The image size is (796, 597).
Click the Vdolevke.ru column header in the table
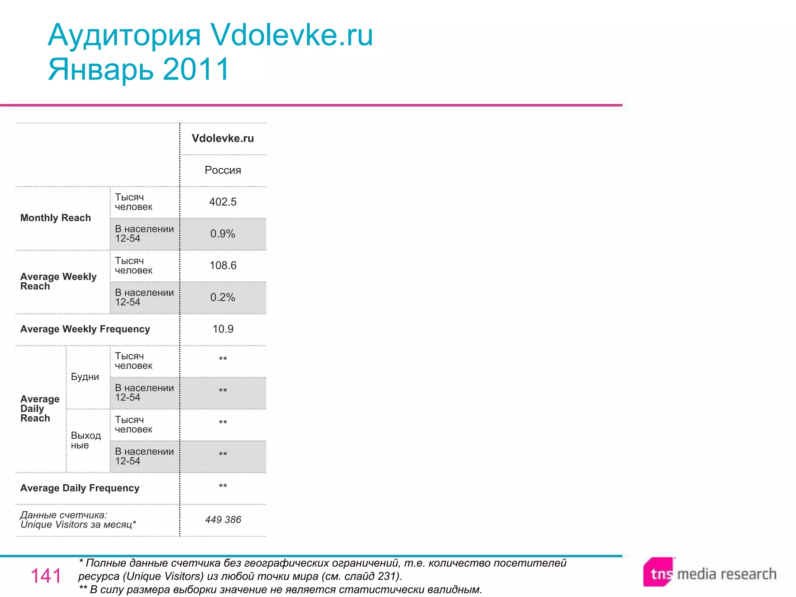223,138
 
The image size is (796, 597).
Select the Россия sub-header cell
223,170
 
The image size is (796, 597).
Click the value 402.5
223,202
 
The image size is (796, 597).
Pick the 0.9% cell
223,234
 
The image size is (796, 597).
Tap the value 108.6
223,265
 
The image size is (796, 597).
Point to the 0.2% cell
223,297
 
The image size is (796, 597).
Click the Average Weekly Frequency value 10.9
223,329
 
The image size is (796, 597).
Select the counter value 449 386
223,520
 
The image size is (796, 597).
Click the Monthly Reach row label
56,218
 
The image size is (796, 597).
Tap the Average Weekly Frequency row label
85,329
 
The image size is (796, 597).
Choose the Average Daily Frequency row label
80,488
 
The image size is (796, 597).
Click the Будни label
85,377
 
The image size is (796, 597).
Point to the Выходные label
86,440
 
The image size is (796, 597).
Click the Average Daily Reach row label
40,408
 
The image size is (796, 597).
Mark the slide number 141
46,576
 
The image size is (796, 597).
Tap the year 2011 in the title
196,69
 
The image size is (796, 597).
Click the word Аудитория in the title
124,35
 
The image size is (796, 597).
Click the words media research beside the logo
726,574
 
